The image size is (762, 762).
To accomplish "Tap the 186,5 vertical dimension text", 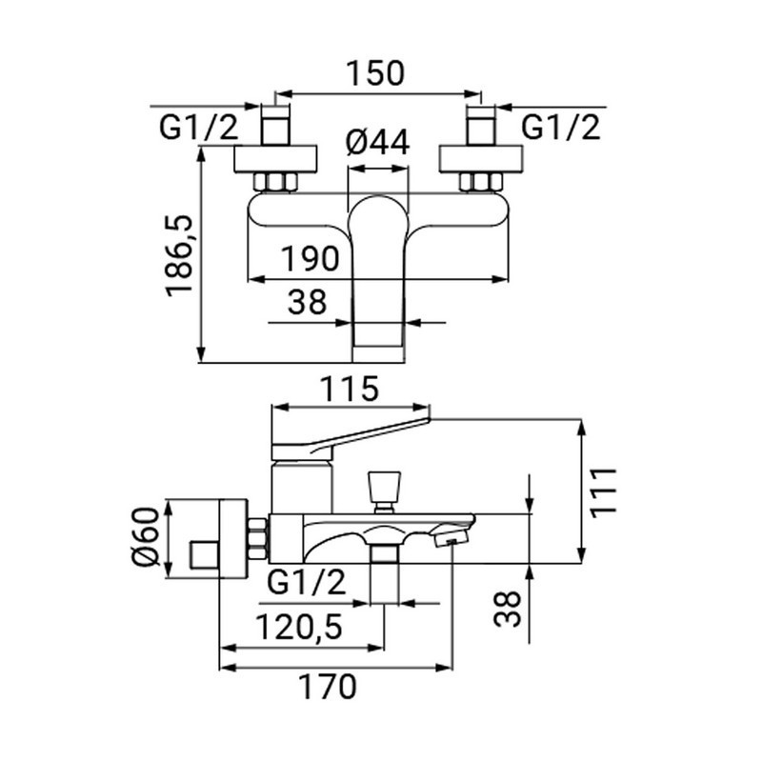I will (x=180, y=254).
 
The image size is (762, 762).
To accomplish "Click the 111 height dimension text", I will (x=603, y=491).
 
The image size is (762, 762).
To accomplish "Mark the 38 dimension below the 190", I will (x=307, y=302).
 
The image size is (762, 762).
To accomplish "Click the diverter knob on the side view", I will (x=385, y=487).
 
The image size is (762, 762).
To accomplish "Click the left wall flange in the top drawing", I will (x=275, y=158).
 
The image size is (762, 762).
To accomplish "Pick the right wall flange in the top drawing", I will (x=481, y=158).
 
